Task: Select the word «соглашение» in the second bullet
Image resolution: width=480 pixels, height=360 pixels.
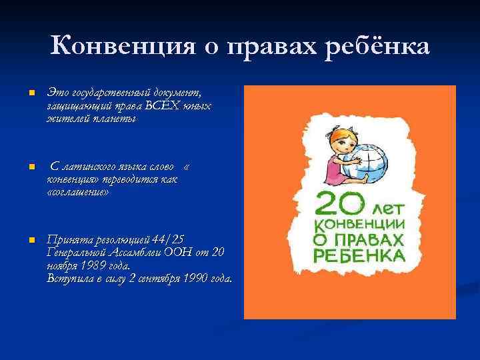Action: (77, 191)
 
